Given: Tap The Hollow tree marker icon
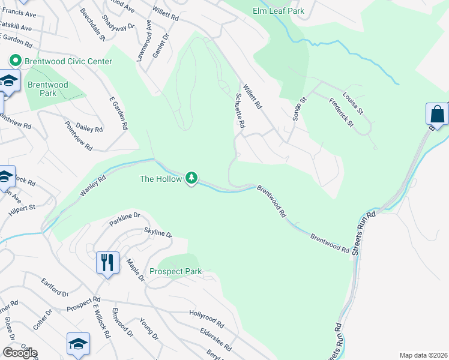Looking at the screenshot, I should [x=191, y=178].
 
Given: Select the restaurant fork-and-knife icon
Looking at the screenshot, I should [x=107, y=262].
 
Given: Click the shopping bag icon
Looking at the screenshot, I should [x=437, y=113].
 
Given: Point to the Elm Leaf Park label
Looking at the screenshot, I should [x=279, y=11].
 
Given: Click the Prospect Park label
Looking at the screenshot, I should [x=175, y=272].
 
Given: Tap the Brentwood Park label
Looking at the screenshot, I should [x=47, y=89].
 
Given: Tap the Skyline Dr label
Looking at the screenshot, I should [x=157, y=233].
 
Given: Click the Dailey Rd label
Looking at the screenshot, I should [x=89, y=128].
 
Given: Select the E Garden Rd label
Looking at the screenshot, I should [x=119, y=115].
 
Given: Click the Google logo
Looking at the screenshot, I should [x=20, y=353].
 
